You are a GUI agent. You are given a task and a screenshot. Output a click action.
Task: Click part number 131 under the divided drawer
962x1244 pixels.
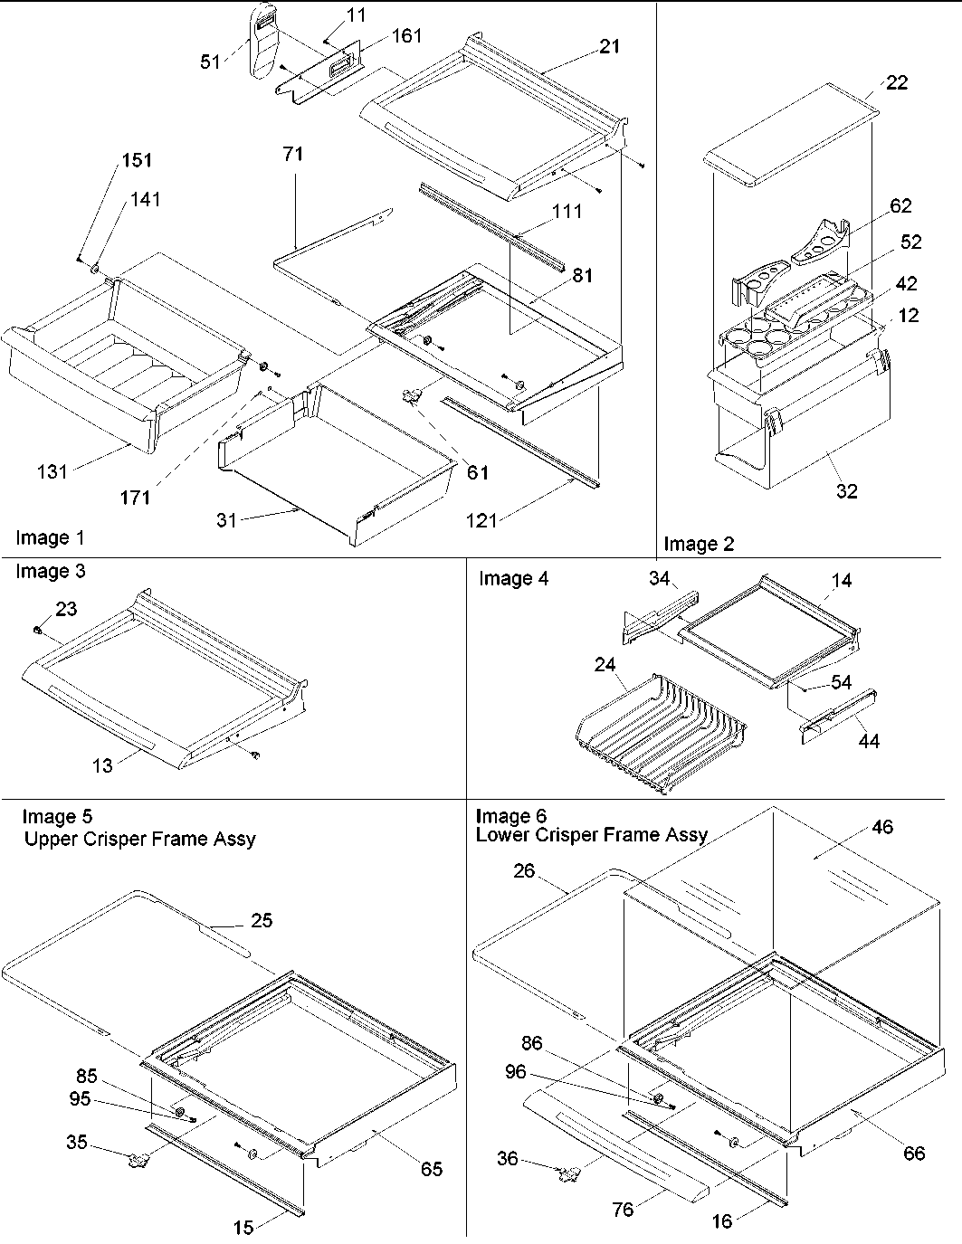pyautogui.click(x=52, y=470)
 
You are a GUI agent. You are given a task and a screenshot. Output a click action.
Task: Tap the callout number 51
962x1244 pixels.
pyautogui.click(x=210, y=62)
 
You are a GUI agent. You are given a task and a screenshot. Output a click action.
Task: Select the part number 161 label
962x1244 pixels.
pyautogui.click(x=406, y=36)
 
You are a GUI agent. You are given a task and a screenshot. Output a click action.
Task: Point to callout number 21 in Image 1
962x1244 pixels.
pyautogui.click(x=610, y=45)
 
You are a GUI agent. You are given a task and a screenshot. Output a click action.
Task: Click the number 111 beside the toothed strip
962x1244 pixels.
pyautogui.click(x=567, y=211)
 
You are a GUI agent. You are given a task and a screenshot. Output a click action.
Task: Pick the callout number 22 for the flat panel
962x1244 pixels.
pyautogui.click(x=896, y=82)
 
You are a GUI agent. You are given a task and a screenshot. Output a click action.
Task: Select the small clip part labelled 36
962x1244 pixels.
pyautogui.click(x=568, y=1173)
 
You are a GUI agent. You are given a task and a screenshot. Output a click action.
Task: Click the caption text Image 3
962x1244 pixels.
pyautogui.click(x=51, y=571)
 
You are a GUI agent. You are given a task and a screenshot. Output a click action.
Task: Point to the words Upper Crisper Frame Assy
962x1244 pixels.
pyautogui.click(x=139, y=839)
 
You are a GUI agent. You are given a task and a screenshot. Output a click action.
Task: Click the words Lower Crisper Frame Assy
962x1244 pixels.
pyautogui.click(x=592, y=834)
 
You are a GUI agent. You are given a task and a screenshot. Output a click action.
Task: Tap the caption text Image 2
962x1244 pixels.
pyautogui.click(x=700, y=544)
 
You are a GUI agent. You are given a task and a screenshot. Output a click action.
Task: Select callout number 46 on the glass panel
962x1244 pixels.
pyautogui.click(x=881, y=827)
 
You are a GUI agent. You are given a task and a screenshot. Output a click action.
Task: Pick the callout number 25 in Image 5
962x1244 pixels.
pyautogui.click(x=261, y=920)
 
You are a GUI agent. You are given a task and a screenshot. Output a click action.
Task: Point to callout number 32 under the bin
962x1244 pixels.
pyautogui.click(x=847, y=491)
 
